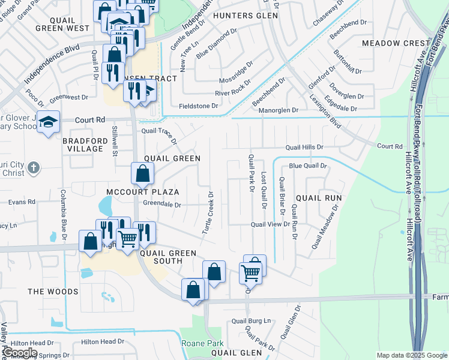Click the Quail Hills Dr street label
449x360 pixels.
(x=304, y=147)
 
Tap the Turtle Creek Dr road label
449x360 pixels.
(x=211, y=214)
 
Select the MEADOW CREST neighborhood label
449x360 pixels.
(x=396, y=43)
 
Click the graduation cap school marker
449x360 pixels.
(x=48, y=122)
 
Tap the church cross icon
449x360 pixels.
(x=34, y=167)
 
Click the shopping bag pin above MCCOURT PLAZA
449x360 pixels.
(x=142, y=174)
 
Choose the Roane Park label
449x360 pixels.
(x=202, y=344)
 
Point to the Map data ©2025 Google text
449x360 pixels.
(x=411, y=356)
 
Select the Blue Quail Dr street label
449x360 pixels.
(x=307, y=166)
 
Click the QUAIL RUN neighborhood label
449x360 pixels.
(x=319, y=197)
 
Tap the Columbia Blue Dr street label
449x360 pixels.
(x=62, y=213)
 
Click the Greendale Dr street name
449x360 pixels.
(x=162, y=204)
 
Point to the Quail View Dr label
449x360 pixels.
(x=270, y=224)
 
